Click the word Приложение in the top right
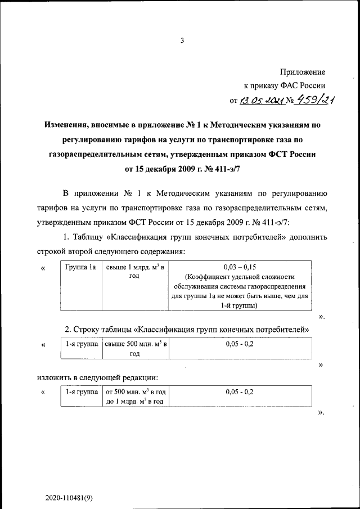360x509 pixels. pos(302,72)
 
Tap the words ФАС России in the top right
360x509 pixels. pos(304,86)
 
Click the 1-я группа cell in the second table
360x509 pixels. pos(80,343)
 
